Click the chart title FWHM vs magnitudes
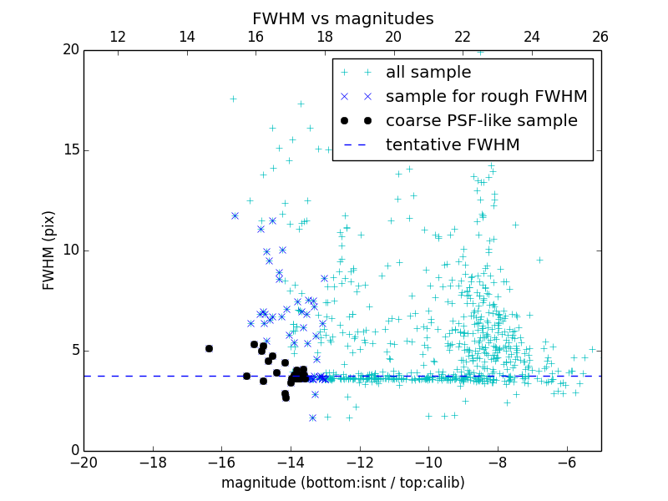click(x=342, y=18)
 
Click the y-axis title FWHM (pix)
click(x=49, y=250)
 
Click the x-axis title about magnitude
click(x=342, y=483)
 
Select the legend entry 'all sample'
click(x=428, y=73)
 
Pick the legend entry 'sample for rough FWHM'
click(x=486, y=97)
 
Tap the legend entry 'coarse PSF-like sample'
click(x=481, y=121)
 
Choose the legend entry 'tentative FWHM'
click(x=453, y=145)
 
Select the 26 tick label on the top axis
click(x=600, y=37)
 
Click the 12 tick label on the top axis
click(x=118, y=37)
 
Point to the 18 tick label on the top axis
click(x=325, y=37)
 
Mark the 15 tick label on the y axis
click(x=68, y=150)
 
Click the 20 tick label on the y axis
click(x=68, y=50)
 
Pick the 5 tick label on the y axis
click(x=73, y=350)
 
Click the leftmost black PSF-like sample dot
click(x=209, y=348)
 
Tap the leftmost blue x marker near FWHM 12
click(x=235, y=215)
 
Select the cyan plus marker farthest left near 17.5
click(x=233, y=99)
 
